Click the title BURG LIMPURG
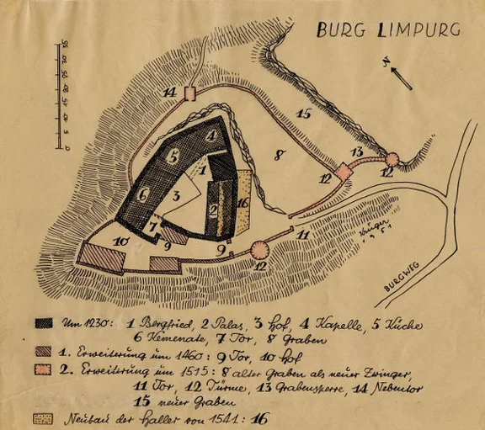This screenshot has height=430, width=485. point(388,30)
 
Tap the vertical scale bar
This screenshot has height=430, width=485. point(62,95)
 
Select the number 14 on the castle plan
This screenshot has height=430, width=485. point(170,91)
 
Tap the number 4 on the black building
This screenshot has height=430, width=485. point(212,134)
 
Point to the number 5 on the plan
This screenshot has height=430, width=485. point(173,157)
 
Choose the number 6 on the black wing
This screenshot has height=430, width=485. point(144,194)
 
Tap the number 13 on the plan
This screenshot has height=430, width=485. point(357,151)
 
